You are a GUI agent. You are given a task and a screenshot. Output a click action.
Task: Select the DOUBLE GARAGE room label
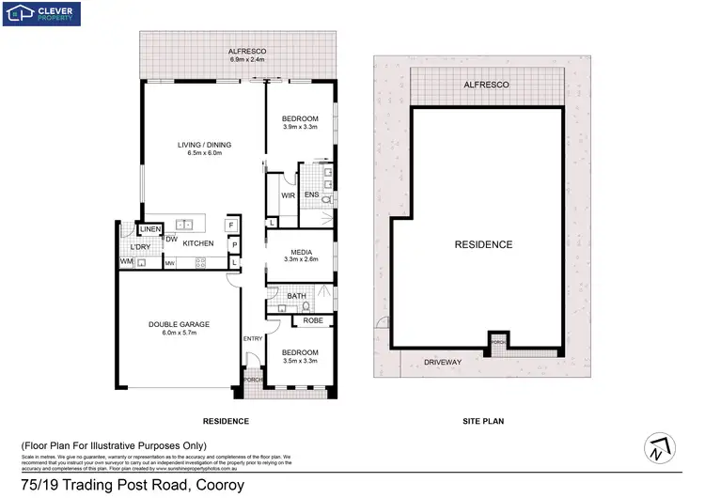pos(179,324)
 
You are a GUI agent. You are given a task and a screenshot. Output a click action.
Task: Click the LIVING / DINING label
pos(205,145)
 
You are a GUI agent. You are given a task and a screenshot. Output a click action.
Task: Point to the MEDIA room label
pos(301,252)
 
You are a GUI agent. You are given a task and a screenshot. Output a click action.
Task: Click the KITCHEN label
pos(198,243)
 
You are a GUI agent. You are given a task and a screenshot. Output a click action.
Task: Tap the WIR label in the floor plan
pos(289,195)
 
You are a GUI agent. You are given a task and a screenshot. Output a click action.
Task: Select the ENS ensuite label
pos(311,195)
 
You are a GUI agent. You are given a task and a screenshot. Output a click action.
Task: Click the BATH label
pos(298,296)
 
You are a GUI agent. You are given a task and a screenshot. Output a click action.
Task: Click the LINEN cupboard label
pos(151,229)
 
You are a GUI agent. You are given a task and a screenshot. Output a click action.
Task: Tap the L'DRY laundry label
pos(141,246)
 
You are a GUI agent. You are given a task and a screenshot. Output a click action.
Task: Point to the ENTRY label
pos(253,339)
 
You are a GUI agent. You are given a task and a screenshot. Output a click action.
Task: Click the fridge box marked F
pos(230,226)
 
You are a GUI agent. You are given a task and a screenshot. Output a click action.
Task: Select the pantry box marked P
pos(234,245)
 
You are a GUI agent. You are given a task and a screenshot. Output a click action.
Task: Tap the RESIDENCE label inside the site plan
pos(483,244)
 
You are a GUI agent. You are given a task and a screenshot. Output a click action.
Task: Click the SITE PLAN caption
pos(484,421)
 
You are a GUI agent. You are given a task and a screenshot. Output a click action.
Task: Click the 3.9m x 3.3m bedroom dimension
pos(301,127)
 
